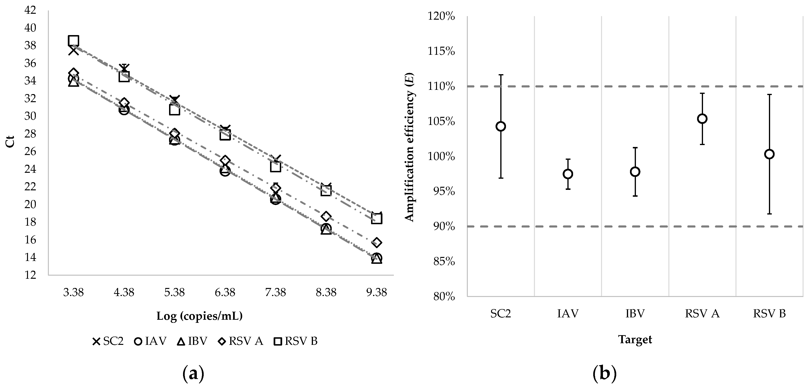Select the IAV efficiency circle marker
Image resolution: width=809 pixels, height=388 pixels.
[568, 174]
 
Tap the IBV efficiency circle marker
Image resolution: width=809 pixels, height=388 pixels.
[635, 172]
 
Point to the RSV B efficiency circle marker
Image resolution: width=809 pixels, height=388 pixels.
[769, 154]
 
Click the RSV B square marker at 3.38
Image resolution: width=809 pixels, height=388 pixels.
[74, 41]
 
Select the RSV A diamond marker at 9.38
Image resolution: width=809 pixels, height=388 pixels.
[377, 242]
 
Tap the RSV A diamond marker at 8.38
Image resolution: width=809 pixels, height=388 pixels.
[326, 216]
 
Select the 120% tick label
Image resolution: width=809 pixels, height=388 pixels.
[441, 16]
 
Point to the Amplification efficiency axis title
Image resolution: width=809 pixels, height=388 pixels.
[409, 147]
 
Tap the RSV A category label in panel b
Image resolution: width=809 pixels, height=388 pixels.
[702, 314]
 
